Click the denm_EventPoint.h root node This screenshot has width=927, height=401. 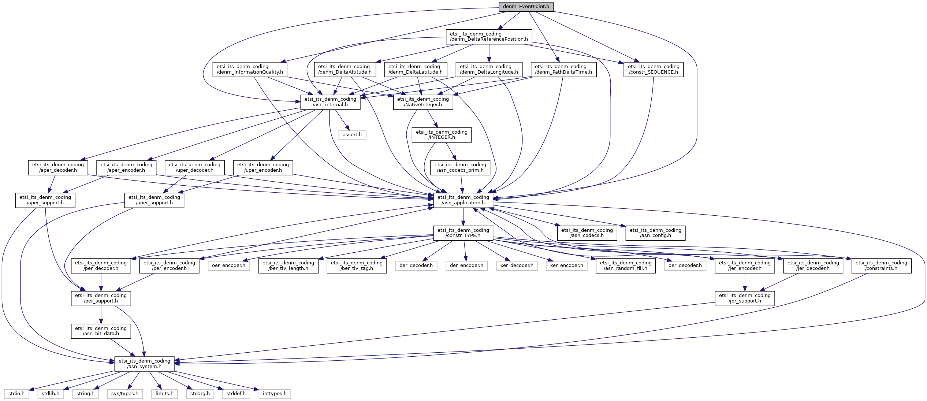coord(526,7)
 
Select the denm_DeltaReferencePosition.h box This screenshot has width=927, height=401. coord(489,37)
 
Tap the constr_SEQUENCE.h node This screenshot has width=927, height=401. coord(654,69)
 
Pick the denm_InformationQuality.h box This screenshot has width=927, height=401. coord(250,69)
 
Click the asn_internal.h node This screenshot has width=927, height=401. coord(330,102)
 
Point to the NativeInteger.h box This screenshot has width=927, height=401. coord(423,102)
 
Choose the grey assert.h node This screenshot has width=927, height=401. coord(352,135)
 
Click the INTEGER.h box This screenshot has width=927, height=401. coord(442,135)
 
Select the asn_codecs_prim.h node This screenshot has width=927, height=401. coord(460,167)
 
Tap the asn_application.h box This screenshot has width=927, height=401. coord(463,200)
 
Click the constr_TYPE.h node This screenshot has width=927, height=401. coord(463,233)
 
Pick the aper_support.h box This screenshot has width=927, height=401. coord(45,200)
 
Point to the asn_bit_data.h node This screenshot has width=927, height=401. coord(101,331)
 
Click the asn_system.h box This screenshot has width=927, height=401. coord(144,364)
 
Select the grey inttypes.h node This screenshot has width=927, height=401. coord(275,394)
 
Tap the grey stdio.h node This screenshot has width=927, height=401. coord(16,394)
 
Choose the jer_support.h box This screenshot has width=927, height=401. coord(745,298)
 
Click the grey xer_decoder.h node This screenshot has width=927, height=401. coord(517,266)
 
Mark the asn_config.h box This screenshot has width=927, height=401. coord(655,233)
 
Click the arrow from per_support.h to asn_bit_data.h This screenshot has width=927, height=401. coord(101,315)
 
